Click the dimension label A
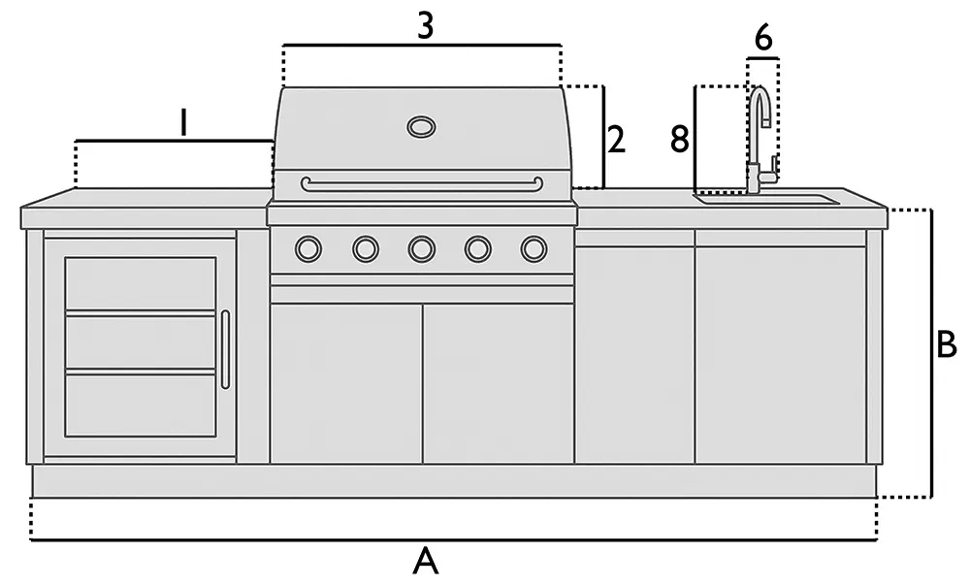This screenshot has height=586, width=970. pyautogui.click(x=425, y=562)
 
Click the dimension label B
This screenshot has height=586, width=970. pyautogui.click(x=947, y=345)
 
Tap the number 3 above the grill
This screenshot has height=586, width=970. pyautogui.click(x=425, y=26)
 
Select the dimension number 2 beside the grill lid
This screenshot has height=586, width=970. pyautogui.click(x=616, y=141)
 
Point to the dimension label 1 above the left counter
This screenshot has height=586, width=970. pyautogui.click(x=182, y=122)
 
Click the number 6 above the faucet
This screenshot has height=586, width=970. pyautogui.click(x=763, y=39)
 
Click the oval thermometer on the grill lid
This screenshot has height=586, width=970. pyautogui.click(x=421, y=126)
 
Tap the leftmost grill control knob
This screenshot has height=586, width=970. pyautogui.click(x=307, y=249)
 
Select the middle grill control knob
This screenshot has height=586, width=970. pyautogui.click(x=421, y=249)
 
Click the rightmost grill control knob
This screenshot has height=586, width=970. pyautogui.click(x=533, y=249)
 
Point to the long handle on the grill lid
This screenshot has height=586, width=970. pyautogui.click(x=421, y=184)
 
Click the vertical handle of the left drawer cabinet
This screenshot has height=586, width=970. pyautogui.click(x=225, y=349)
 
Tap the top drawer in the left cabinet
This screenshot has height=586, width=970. pyautogui.click(x=141, y=283)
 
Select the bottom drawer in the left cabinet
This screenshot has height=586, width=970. pyautogui.click(x=141, y=405)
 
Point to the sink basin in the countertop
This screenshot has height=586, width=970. pyautogui.click(x=766, y=200)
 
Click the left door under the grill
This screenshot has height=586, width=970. pyautogui.click(x=345, y=383)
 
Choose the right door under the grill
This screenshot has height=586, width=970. pyautogui.click(x=498, y=383)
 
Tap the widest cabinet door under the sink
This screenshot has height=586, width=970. pyautogui.click(x=780, y=354)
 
